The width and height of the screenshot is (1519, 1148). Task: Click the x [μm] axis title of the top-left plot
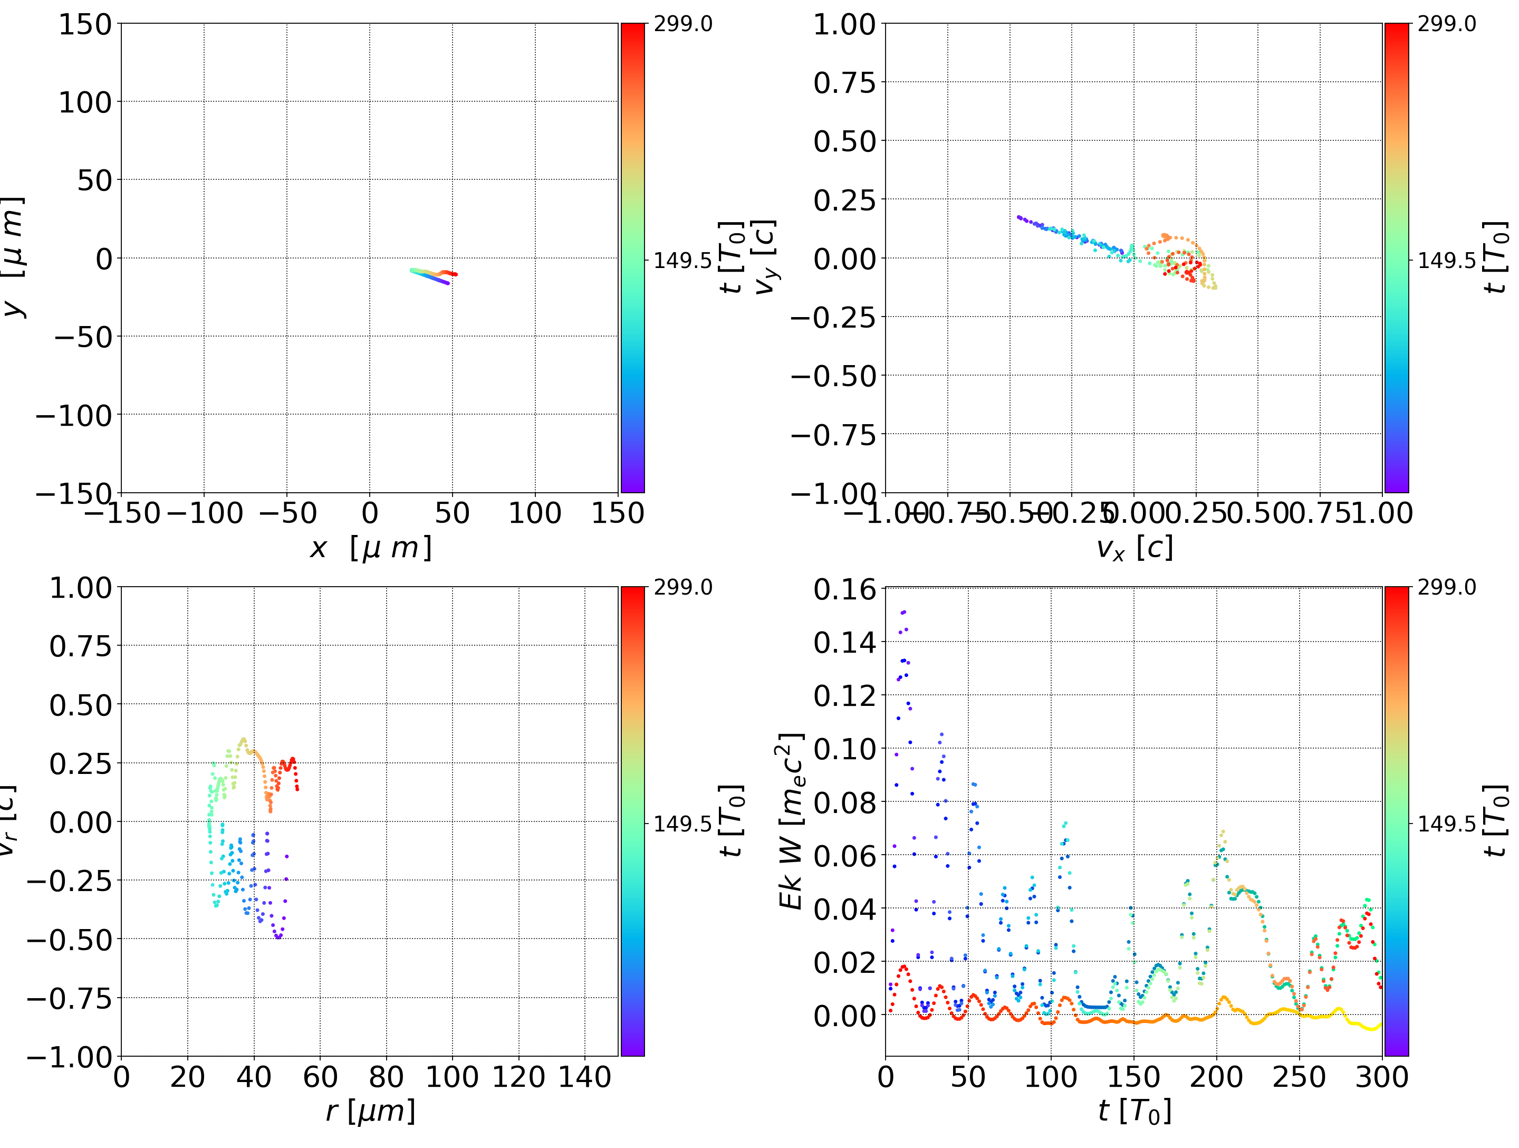pos(371,548)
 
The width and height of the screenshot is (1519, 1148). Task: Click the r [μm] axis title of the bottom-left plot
pos(371,1112)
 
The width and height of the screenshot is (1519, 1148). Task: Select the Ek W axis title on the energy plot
pos(792,821)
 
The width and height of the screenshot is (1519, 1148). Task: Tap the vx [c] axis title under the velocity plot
pos(1135,548)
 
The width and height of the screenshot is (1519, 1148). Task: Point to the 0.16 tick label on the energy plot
pos(844,589)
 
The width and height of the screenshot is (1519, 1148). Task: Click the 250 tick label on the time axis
pos(1299,1077)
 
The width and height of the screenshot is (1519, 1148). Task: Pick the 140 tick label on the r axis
pos(584,1077)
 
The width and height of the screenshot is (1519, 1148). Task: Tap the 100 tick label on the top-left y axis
pos(84,102)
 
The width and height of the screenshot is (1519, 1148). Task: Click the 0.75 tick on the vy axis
pos(844,82)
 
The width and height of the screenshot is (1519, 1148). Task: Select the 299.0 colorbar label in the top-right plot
pos(1446,24)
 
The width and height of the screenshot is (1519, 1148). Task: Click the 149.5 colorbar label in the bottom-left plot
pos(682,824)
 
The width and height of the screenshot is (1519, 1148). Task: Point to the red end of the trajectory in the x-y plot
pos(455,274)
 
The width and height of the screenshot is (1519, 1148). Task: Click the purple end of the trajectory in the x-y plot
pos(448,283)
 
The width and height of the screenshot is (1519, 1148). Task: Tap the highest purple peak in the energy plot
pos(903,611)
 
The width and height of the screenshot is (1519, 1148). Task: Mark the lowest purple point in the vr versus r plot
pos(278,937)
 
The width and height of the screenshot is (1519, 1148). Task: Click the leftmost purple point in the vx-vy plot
pos(1018,217)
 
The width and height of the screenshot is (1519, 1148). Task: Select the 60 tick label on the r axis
pos(320,1077)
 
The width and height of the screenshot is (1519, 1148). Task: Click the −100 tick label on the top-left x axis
pos(205,513)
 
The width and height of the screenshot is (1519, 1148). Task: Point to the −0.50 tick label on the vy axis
pos(834,376)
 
